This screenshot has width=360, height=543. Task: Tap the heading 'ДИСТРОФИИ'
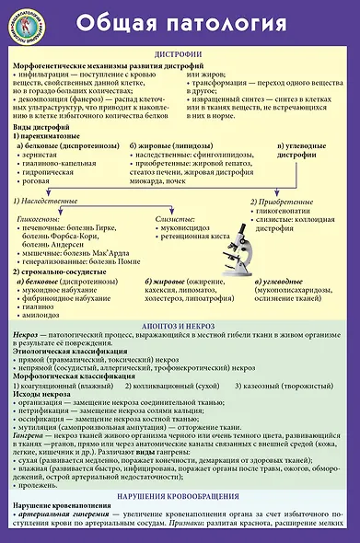pyautogui.click(x=179, y=54)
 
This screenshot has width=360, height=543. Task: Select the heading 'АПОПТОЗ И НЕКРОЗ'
pyautogui.click(x=179, y=327)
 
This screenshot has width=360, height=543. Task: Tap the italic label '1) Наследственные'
pyautogui.click(x=53, y=200)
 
